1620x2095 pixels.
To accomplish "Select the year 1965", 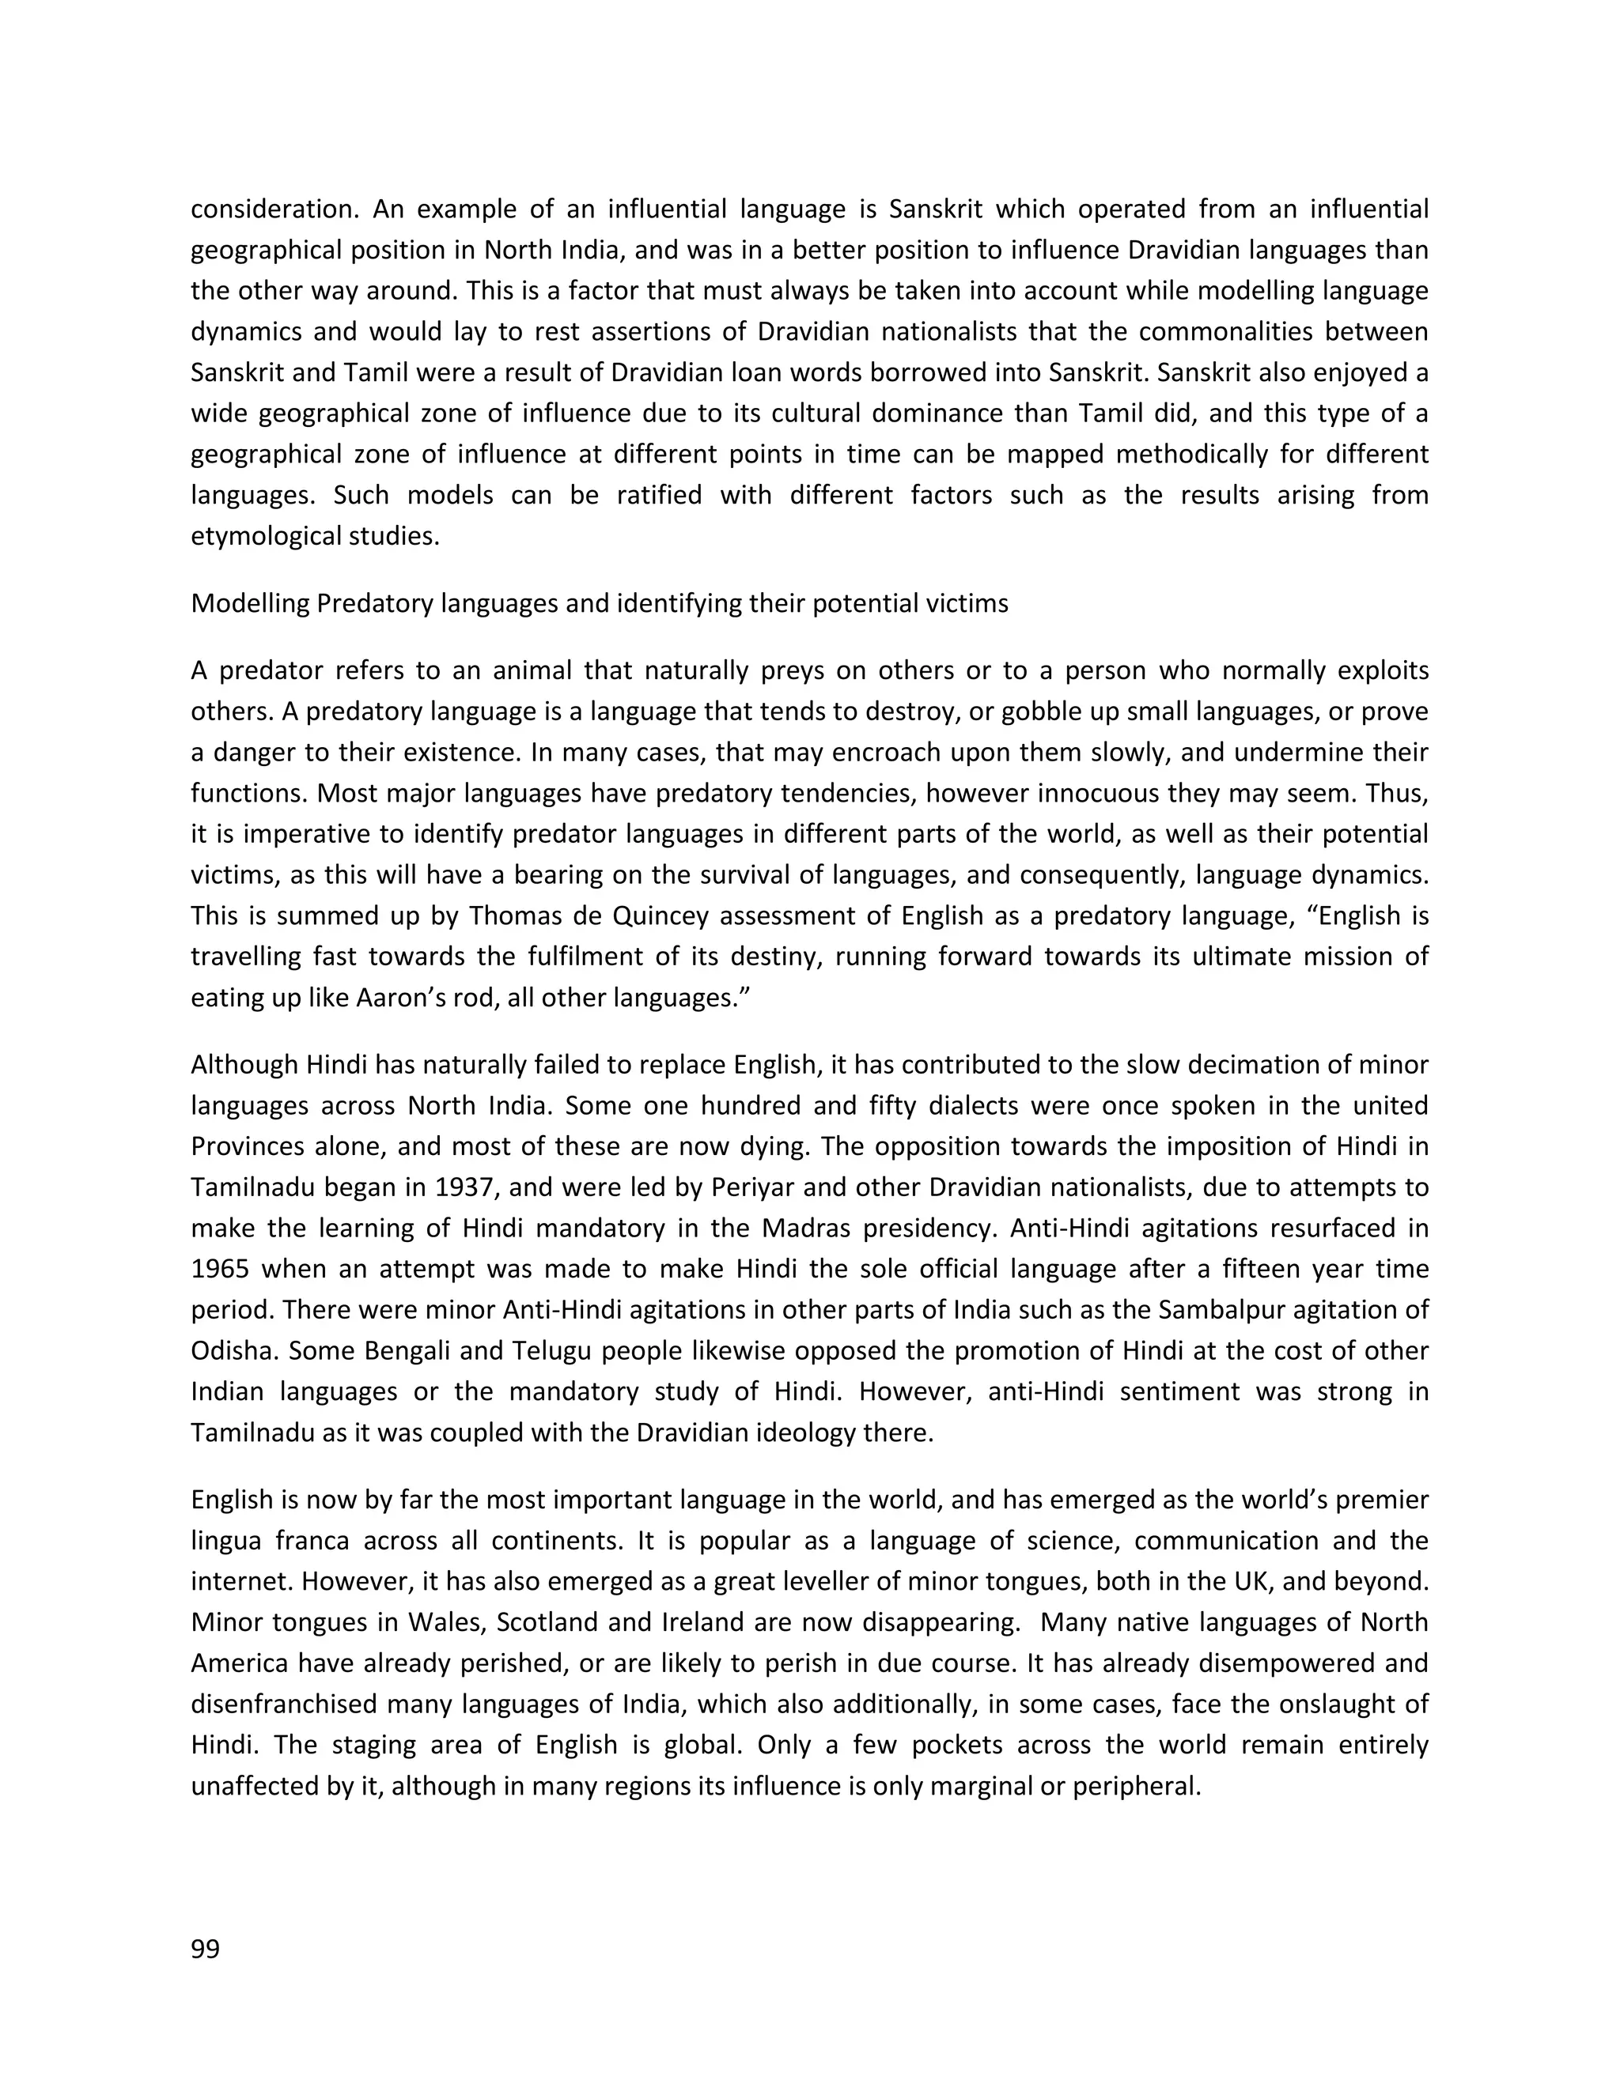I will (220, 1269).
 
